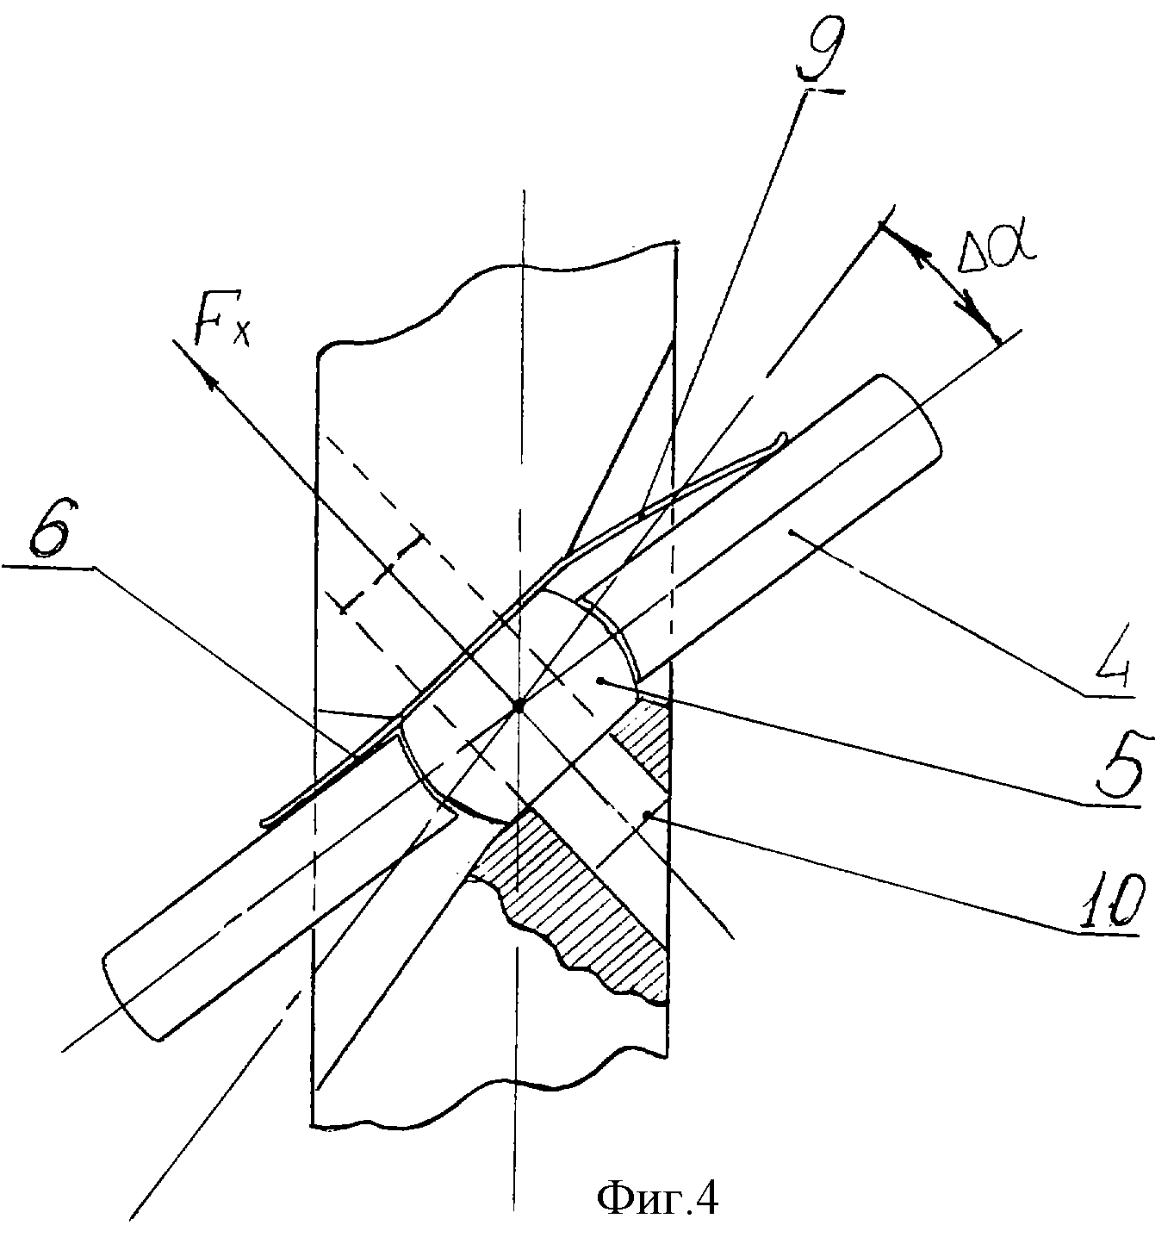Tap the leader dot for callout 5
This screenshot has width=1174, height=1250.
pyautogui.click(x=602, y=681)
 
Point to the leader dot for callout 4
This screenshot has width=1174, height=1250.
pyautogui.click(x=791, y=532)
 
